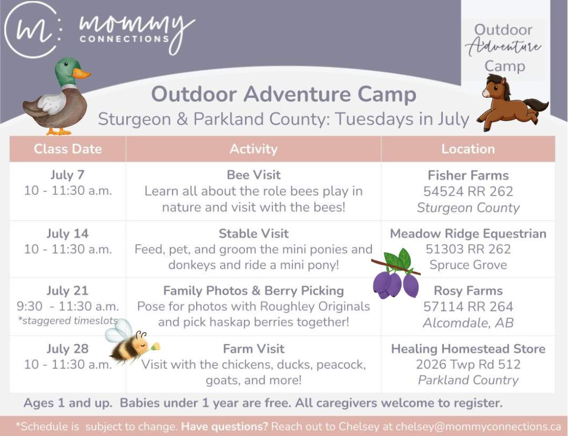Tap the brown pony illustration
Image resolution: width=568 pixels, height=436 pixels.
click(512, 103)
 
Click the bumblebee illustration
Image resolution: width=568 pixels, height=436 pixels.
click(130, 342)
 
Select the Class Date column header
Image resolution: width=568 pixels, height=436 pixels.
click(68, 149)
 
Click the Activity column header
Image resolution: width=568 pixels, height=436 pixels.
click(253, 149)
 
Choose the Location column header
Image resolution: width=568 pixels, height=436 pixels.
click(468, 149)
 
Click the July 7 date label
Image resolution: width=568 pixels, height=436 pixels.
click(67, 175)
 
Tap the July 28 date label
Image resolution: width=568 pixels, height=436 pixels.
click(67, 349)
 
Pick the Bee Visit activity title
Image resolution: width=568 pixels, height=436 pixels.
click(253, 175)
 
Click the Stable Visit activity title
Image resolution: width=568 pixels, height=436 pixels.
click(253, 234)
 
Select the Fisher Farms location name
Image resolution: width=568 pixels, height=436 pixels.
click(468, 175)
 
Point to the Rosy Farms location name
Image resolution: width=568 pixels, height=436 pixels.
click(468, 291)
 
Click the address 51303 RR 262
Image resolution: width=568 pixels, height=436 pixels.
click(468, 249)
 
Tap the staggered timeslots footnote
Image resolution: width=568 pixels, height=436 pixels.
click(68, 320)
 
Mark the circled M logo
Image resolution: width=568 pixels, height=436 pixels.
click(32, 29)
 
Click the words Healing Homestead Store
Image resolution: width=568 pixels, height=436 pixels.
click(468, 349)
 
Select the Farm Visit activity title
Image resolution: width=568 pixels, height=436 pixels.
click(253, 349)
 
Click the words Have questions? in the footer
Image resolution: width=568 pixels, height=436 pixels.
click(224, 427)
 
